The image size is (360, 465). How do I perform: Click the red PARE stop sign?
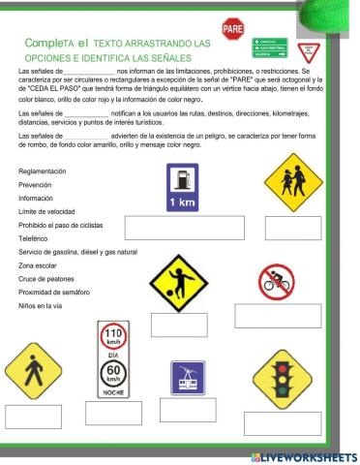(232, 30)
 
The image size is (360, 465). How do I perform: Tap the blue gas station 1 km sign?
(182, 186)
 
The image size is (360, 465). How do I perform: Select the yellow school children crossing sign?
(292, 180)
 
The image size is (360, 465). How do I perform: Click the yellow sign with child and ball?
(178, 283)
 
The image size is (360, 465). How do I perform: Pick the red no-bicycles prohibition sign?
(276, 282)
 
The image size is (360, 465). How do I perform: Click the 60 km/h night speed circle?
(113, 372)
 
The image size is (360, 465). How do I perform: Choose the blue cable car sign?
(188, 377)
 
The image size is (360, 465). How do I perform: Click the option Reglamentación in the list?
(42, 170)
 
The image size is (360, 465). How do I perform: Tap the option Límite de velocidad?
(46, 210)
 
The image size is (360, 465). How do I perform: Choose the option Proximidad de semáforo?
(53, 292)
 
